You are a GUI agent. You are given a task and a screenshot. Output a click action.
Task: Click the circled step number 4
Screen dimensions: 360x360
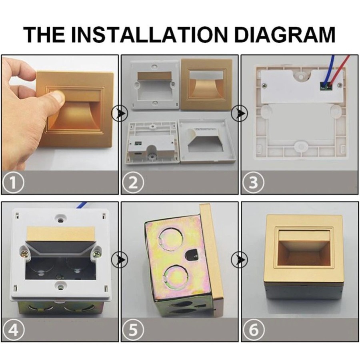(13, 330)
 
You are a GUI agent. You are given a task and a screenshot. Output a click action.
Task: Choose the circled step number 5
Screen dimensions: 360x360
(133, 330)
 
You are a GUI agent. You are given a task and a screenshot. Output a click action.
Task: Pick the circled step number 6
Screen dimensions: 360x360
(253, 330)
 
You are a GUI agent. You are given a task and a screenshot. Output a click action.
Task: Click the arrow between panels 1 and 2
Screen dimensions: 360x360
(120, 113)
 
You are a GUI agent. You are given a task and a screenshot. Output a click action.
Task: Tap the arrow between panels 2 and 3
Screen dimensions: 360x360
(239, 113)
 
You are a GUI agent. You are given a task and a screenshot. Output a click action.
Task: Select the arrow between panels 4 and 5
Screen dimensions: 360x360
(120, 260)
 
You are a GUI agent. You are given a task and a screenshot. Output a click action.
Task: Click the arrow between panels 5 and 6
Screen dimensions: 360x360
(239, 260)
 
